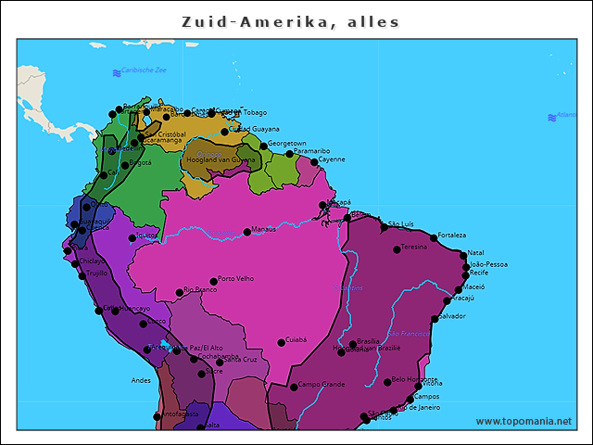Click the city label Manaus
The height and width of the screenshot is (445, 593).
[264, 228]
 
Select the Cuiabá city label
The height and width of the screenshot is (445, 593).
[296, 339]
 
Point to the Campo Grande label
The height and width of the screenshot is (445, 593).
[321, 384]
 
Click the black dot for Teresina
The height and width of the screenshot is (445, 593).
[397, 249]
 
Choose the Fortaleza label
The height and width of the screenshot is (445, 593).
[451, 235]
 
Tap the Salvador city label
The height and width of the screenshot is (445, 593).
[451, 316]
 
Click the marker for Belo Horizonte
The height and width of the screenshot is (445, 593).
[387, 382]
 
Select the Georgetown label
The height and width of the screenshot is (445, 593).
[286, 144]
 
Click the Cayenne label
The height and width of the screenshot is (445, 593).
[331, 159]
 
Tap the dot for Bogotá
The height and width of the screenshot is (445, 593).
[125, 165]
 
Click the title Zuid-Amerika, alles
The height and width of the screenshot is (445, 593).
[290, 21]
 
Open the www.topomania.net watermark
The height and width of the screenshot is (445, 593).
[523, 421]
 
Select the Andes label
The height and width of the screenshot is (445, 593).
[141, 380]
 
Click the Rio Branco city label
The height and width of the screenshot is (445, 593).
[199, 290]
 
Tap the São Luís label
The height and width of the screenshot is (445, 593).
[400, 223]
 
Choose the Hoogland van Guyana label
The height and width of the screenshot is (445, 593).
[221, 160]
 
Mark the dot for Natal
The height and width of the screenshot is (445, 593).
[462, 254]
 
